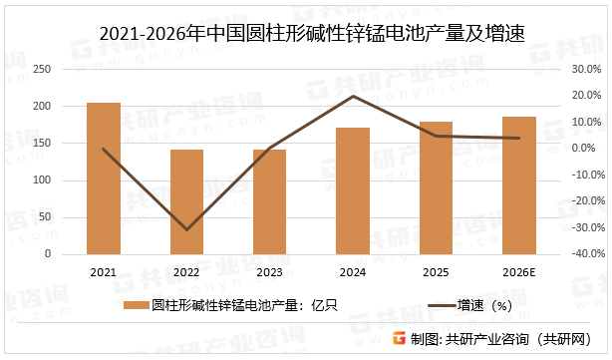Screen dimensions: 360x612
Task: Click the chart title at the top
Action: tap(305, 35)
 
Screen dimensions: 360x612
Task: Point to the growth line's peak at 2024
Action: tap(353, 96)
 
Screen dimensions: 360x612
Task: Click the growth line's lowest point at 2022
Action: tap(186, 230)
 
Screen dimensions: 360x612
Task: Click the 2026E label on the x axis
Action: tap(518, 271)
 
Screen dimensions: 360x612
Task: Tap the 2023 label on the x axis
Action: tap(269, 271)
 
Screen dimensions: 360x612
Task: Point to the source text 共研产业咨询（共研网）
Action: tap(516, 339)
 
